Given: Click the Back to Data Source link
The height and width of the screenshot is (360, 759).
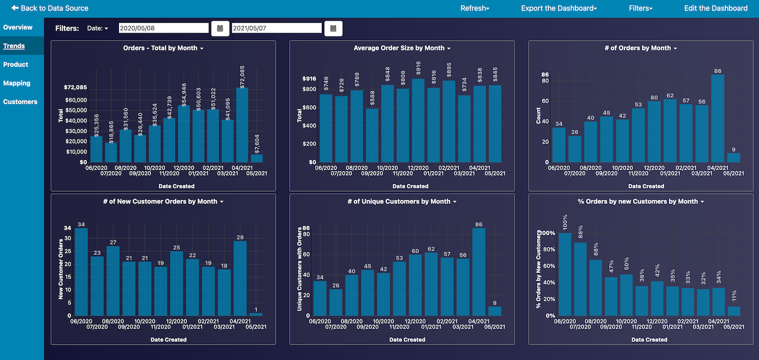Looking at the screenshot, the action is coord(50,8).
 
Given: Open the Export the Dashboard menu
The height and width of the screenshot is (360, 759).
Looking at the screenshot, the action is coord(559,8).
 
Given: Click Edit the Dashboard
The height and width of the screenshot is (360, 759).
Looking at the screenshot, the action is coord(715,8).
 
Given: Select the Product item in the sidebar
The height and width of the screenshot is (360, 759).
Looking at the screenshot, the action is coord(16,64).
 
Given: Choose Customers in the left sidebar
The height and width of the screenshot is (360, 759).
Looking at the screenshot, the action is coord(20,102).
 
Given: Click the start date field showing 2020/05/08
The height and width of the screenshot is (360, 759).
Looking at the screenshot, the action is coord(163,28).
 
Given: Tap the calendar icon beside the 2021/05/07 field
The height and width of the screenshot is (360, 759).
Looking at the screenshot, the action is coord(333,28).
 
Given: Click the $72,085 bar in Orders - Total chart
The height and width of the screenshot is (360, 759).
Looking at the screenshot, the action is coord(242,125).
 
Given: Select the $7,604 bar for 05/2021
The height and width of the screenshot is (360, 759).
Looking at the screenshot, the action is coord(257,158).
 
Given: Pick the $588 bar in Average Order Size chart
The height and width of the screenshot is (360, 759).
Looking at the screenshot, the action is coord(372,135).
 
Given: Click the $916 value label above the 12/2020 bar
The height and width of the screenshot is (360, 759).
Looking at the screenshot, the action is coord(418,68).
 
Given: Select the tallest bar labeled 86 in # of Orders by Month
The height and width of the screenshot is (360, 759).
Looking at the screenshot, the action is coord(718,118).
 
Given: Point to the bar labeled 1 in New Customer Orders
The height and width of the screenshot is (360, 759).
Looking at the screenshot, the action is coord(256,314).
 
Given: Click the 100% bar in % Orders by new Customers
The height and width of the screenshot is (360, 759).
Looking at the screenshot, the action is coord(565,274).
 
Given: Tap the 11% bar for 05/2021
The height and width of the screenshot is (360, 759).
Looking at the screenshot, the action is coord(734,311).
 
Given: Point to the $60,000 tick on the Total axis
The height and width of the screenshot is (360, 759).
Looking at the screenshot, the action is coord(76,100).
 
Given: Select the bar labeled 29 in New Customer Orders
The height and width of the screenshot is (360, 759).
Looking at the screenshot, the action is coord(240,278).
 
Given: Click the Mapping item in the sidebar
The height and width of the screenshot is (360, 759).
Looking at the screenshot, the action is coord(17,83).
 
